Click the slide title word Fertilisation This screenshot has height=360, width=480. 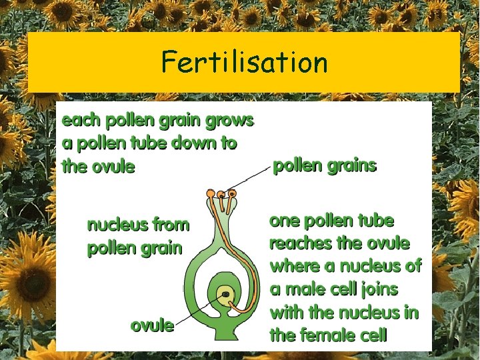click(x=244, y=63)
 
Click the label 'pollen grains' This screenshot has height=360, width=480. click(x=325, y=165)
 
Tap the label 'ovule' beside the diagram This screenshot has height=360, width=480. click(x=152, y=325)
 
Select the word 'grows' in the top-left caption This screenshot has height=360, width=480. click(x=231, y=121)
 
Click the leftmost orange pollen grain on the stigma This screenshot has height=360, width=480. click(x=211, y=194)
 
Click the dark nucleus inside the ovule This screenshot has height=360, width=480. click(x=226, y=294)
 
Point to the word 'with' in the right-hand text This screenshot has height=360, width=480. click(x=287, y=311)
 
